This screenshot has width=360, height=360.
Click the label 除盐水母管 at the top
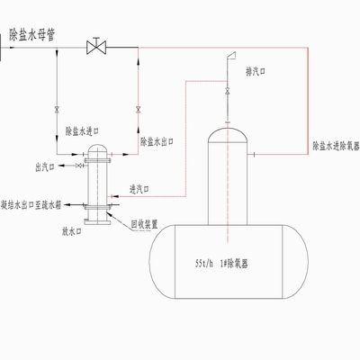33,35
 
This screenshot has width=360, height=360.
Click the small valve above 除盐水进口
58,110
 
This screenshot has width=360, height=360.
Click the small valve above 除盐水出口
138,110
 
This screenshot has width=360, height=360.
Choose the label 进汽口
139,189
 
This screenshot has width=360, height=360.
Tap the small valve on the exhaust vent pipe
227,93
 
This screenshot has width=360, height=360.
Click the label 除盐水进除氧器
336,144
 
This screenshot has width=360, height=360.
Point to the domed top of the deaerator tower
227,133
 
